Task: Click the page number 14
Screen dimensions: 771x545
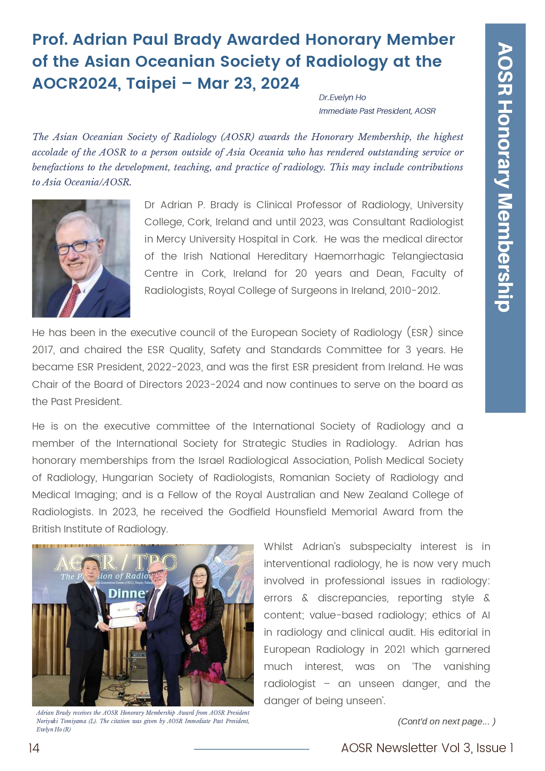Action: (34, 748)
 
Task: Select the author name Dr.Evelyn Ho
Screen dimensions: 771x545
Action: (342, 98)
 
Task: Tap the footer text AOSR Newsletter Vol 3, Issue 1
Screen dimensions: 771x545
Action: (427, 748)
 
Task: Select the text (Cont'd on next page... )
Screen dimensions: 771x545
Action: (446, 721)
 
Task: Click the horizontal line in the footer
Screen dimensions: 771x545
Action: (251, 749)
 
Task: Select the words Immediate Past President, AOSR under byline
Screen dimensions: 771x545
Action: (377, 111)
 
